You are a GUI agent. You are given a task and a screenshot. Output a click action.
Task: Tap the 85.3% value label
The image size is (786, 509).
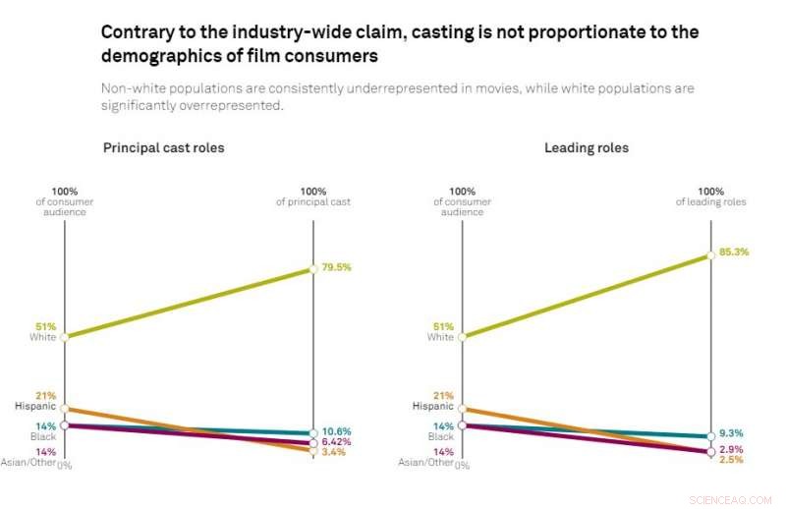click(733, 252)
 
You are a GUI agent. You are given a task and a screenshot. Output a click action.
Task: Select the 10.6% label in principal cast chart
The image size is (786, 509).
click(337, 431)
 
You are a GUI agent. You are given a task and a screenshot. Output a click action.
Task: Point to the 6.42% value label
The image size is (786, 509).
click(337, 442)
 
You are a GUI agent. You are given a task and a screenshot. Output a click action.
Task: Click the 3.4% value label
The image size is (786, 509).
click(334, 453)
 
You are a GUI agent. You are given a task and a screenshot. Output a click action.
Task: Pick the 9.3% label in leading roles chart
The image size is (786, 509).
click(730, 432)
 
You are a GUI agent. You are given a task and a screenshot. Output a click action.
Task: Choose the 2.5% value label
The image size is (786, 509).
click(730, 459)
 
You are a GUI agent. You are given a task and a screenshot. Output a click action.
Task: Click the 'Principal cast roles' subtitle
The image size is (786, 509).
click(164, 148)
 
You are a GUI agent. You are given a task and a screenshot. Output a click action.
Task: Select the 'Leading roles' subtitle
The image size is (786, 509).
click(587, 148)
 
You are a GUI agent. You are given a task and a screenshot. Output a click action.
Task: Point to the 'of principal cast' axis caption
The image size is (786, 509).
click(312, 202)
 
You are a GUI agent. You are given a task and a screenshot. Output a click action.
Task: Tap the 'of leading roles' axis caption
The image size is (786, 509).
click(710, 202)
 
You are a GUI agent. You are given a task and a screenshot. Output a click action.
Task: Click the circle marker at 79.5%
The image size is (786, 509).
click(313, 268)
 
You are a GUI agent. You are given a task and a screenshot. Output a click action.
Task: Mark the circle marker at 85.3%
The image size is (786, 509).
click(709, 255)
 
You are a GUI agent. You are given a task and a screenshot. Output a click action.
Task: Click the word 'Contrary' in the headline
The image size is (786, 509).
click(136, 32)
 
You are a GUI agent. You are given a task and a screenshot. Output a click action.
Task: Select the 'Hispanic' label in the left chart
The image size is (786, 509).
click(35, 406)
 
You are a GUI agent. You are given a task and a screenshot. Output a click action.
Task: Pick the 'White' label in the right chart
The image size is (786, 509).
click(440, 337)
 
